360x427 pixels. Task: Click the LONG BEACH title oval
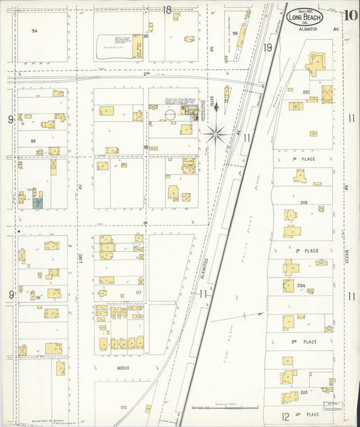pos(305,17)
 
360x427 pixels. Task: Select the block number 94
pos(34,31)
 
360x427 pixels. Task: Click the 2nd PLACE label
pos(311,251)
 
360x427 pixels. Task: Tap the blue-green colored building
pos(38,202)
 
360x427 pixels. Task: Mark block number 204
pos(301,286)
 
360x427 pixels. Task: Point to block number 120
pos(123,407)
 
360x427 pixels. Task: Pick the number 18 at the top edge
pos(167,9)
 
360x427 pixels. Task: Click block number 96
pos(234,32)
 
